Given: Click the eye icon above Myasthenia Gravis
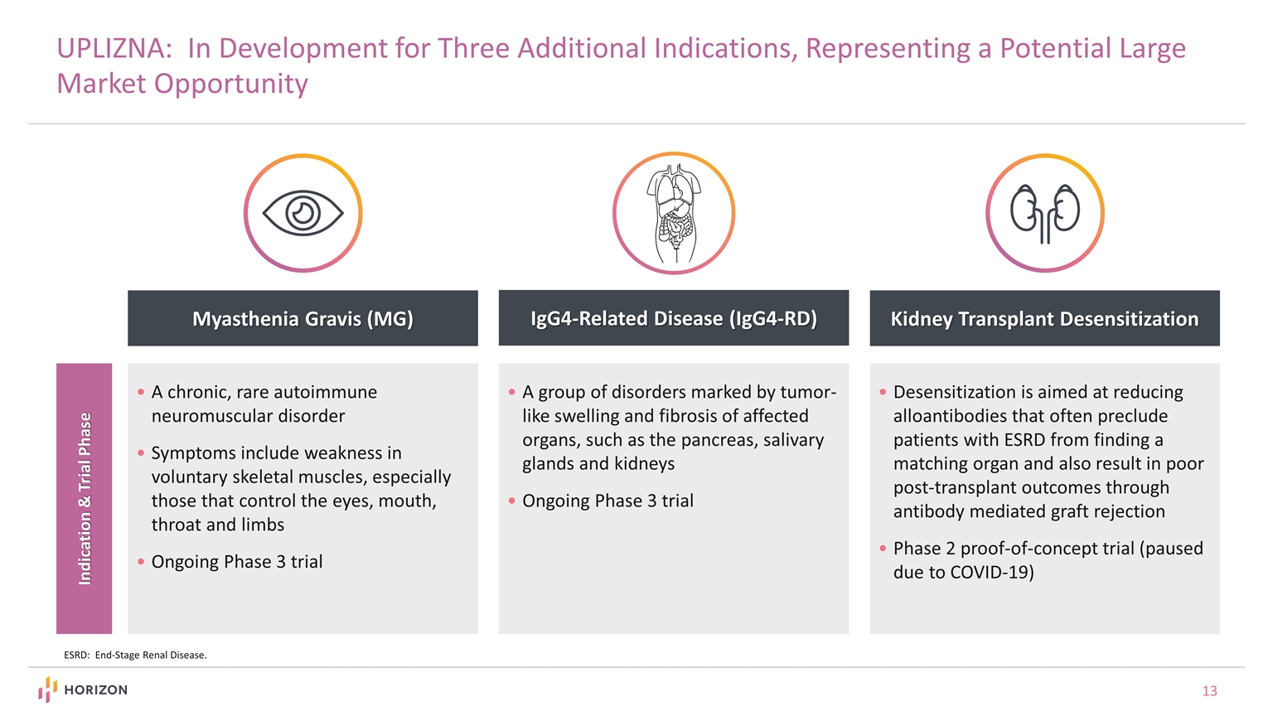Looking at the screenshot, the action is pyautogui.click(x=303, y=213).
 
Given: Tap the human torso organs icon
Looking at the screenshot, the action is pyautogui.click(x=674, y=213).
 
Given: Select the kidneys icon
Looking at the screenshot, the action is pyautogui.click(x=1044, y=213).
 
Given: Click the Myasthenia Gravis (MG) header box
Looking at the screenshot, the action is pyautogui.click(x=303, y=318).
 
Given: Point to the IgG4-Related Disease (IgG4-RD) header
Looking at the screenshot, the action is pyautogui.click(x=673, y=318).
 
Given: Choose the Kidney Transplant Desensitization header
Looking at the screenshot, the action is pyautogui.click(x=1044, y=318).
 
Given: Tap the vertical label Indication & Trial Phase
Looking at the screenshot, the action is pyautogui.click(x=85, y=498).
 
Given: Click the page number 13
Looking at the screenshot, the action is pyautogui.click(x=1209, y=690).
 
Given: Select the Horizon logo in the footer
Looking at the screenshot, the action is pyautogui.click(x=83, y=689).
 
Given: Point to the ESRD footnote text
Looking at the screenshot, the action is pyautogui.click(x=135, y=655).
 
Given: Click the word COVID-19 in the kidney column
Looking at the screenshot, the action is pyautogui.click(x=991, y=573).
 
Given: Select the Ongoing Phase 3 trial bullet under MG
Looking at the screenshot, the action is pyautogui.click(x=236, y=562).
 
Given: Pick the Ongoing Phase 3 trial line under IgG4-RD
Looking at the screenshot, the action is pyautogui.click(x=607, y=501).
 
